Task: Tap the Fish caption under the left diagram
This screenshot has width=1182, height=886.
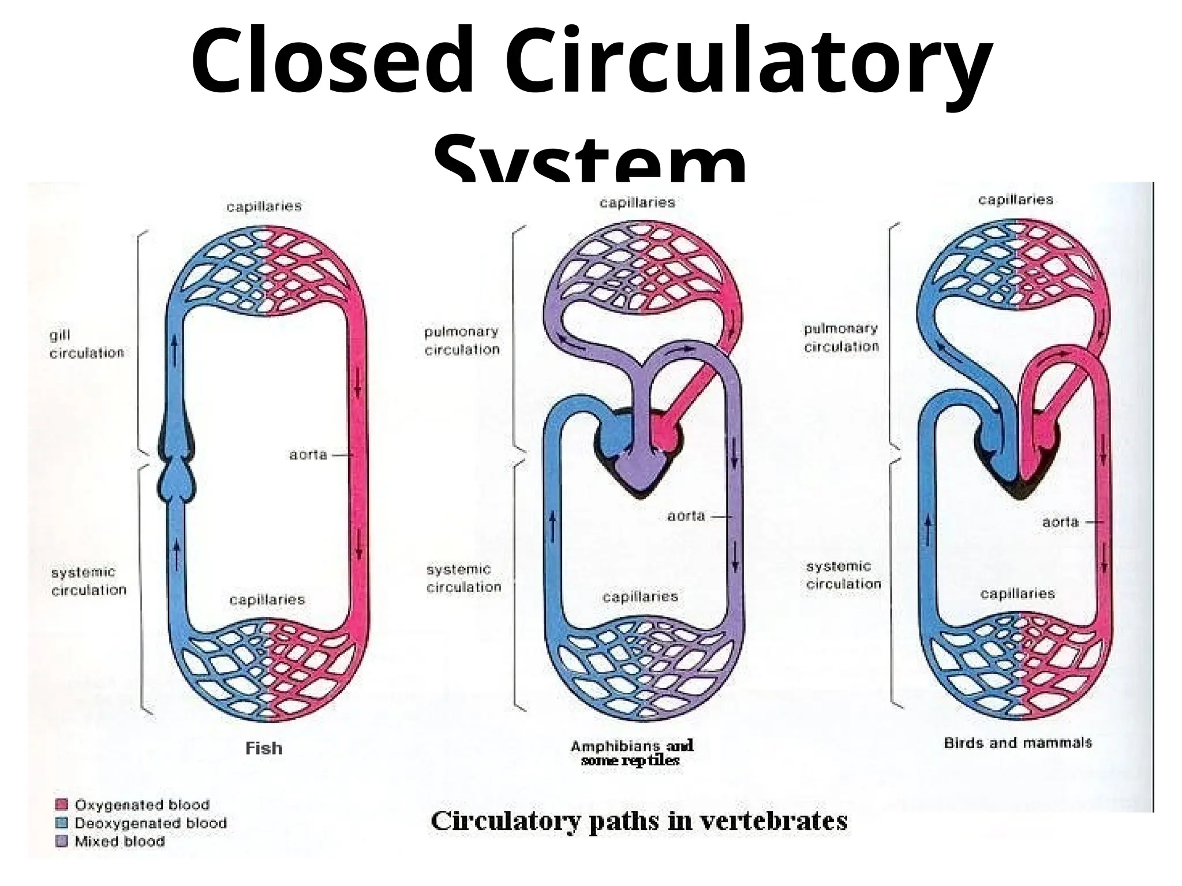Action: pos(264,748)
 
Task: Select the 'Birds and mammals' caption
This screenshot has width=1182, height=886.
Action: pos(1018,742)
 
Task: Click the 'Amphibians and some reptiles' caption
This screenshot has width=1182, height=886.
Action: pos(631,753)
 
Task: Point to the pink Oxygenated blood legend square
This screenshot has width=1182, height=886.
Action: pos(61,805)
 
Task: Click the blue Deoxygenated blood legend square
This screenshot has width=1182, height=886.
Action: pos(61,823)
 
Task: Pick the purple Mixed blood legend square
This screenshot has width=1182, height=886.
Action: pos(61,842)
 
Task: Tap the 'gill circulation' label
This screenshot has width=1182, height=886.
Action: pos(87,344)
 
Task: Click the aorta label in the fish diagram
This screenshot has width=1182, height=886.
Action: pos(308,455)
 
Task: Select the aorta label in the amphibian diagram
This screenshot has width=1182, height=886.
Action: pos(686,516)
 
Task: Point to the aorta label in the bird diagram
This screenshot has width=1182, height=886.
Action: pos(1060,522)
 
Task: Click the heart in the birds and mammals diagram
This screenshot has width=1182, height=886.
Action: pos(1019,456)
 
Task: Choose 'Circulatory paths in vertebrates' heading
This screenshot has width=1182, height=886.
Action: pos(639,821)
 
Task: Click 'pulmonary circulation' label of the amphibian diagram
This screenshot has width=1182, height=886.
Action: pos(462,340)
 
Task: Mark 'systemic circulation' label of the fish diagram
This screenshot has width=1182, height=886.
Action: pos(88,581)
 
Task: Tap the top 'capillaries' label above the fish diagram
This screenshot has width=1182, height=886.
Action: pos(264,207)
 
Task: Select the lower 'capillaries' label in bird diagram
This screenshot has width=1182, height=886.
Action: pos(1018,594)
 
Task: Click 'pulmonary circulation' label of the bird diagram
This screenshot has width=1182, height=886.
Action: pos(841,337)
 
